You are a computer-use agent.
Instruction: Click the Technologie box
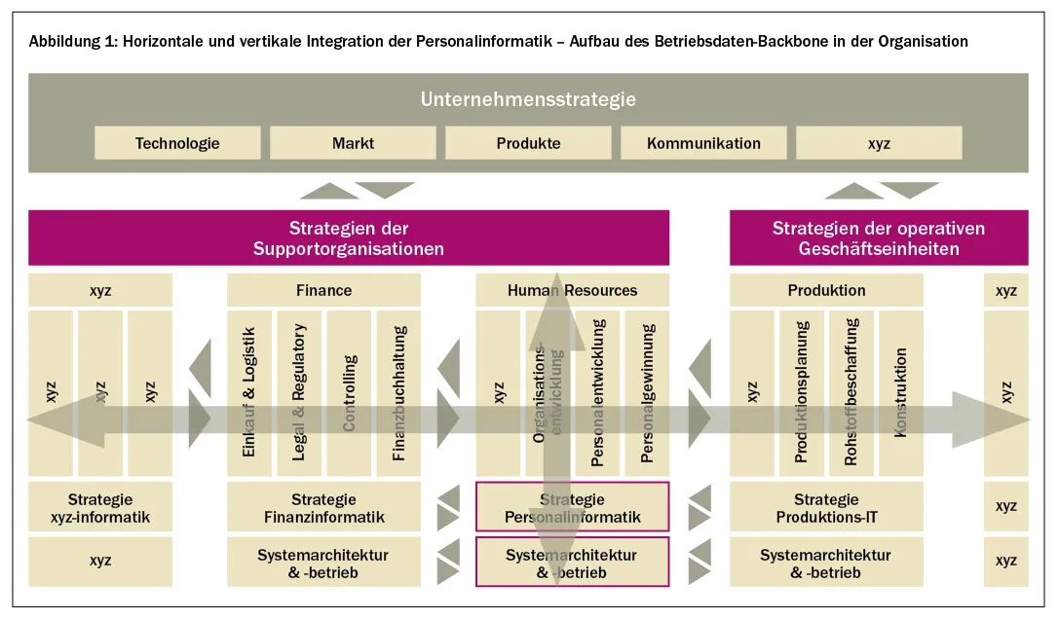coord(177,143)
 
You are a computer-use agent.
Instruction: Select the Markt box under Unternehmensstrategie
coord(353,143)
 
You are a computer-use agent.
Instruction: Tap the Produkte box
coord(528,143)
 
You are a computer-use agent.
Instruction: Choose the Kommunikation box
coord(703,143)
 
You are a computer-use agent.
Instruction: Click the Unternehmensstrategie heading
coord(528,99)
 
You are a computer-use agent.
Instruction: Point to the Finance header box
coord(323,290)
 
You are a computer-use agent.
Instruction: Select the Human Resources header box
coord(572,290)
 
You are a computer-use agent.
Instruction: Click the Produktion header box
coord(826,290)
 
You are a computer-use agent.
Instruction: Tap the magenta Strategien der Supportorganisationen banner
coord(349,238)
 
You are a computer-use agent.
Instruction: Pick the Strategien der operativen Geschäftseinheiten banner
coord(878,238)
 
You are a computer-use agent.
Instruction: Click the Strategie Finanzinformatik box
coord(323,507)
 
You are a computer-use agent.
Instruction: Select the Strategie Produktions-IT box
coord(826,507)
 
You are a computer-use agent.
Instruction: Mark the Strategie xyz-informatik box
coord(100,507)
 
